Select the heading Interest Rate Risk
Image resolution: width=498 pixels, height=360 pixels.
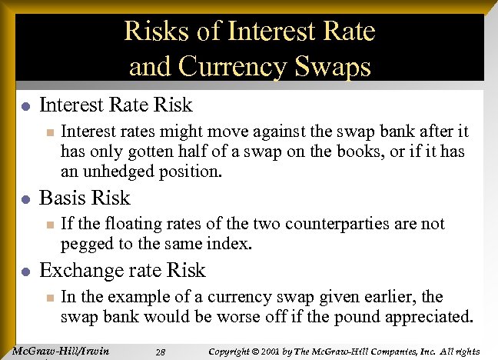pos(115,104)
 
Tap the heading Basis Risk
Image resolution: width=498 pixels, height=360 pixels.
pos(85,198)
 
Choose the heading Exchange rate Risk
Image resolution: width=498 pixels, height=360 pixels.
pos(122,270)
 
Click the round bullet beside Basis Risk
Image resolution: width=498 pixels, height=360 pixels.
pos(25,199)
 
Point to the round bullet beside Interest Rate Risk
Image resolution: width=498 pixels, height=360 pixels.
pos(25,105)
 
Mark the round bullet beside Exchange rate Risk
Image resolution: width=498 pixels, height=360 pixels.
pos(25,272)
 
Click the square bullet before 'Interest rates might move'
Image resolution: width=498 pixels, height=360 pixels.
pos(48,133)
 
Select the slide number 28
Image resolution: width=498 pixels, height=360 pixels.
pos(160,352)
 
